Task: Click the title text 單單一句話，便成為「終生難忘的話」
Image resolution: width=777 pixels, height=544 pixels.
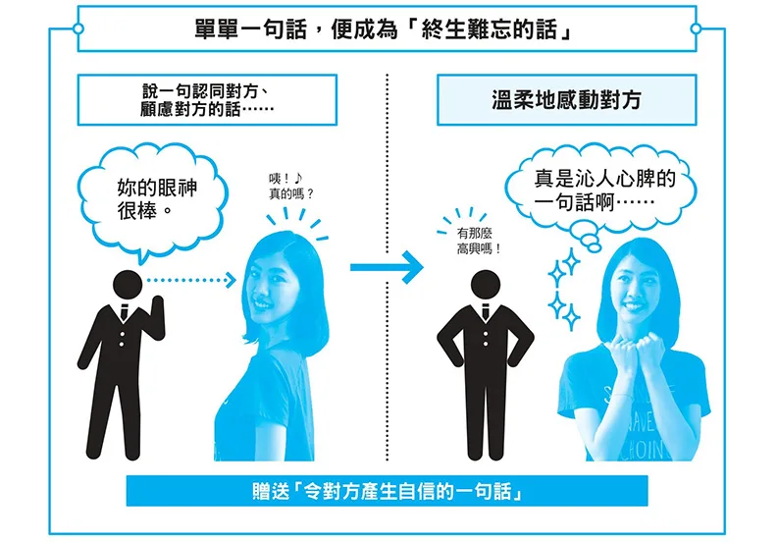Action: [383, 29]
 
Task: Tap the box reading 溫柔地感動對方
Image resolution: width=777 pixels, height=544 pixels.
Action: [566, 100]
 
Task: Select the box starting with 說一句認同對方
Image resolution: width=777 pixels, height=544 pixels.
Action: [207, 100]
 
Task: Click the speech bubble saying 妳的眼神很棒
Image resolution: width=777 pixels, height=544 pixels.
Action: [153, 201]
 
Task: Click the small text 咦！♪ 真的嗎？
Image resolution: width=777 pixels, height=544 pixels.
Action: [290, 187]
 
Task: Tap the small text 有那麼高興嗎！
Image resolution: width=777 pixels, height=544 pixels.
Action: [478, 241]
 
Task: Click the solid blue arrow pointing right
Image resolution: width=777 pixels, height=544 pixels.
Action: [387, 267]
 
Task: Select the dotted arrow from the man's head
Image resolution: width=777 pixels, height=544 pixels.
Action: [191, 280]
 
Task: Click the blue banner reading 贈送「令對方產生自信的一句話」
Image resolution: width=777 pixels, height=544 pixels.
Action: [387, 491]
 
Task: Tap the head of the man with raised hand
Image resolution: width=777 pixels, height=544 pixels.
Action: [128, 285]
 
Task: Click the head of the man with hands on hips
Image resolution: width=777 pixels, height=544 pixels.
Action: [485, 285]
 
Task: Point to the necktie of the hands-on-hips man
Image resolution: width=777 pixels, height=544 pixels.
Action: [485, 311]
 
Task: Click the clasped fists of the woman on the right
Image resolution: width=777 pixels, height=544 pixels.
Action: [637, 349]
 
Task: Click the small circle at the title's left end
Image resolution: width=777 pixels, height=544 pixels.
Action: [78, 28]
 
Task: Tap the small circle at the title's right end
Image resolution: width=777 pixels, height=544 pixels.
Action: [696, 28]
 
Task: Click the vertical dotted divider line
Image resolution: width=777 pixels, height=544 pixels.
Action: [387, 268]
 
